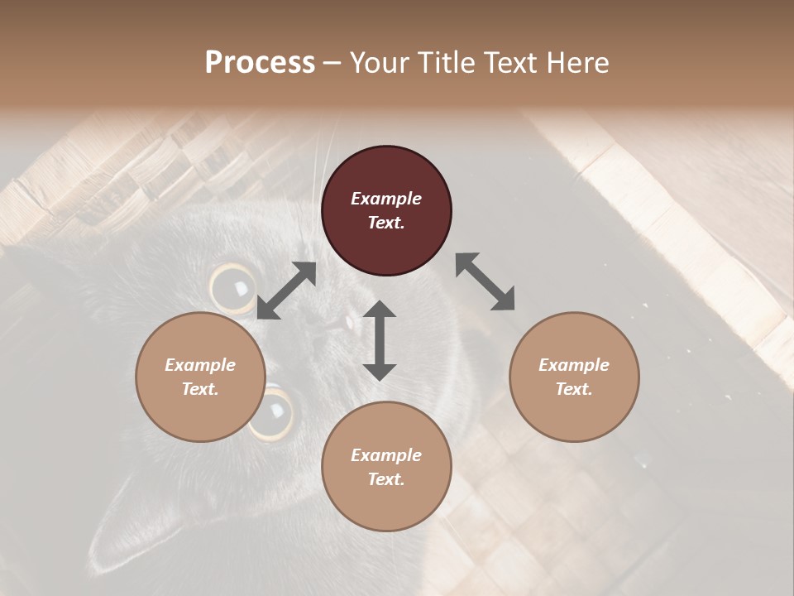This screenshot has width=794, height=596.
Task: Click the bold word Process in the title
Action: (260, 63)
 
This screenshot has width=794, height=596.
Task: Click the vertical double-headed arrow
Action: (380, 340)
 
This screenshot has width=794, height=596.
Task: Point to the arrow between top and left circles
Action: (286, 291)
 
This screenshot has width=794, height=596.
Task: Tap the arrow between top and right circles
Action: (485, 281)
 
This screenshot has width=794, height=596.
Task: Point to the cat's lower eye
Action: (272, 411)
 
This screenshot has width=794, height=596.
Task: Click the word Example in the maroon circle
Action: (386, 199)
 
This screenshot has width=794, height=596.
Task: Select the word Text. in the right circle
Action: (574, 389)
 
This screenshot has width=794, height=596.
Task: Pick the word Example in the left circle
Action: (200, 365)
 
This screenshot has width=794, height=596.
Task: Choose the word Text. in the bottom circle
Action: (386, 479)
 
